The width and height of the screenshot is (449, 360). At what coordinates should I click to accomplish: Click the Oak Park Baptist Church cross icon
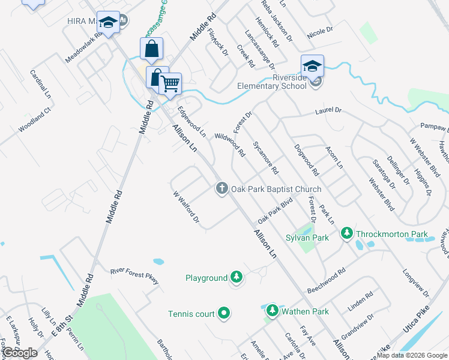pos(221,189)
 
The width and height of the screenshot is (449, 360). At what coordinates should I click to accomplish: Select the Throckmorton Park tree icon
pos(346,233)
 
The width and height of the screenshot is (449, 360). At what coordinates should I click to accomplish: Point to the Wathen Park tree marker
pos(273,311)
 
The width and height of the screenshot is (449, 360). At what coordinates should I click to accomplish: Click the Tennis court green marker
pos(224,313)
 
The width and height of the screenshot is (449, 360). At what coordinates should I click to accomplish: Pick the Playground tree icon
pos(237,277)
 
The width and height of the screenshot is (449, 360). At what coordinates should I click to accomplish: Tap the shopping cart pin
pos(170,83)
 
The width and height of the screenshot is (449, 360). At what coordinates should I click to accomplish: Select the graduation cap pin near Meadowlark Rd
pos(108,23)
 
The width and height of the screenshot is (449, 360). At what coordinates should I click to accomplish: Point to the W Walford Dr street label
pos(185,206)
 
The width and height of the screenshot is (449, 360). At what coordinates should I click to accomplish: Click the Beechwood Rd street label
pos(325,280)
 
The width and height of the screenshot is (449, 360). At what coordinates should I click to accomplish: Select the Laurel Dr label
pos(328,111)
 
